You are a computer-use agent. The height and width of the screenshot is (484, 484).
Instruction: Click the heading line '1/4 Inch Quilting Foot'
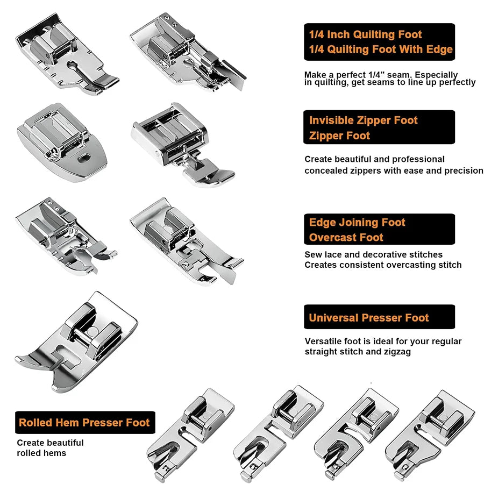365,34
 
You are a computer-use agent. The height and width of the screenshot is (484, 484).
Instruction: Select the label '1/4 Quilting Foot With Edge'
381,49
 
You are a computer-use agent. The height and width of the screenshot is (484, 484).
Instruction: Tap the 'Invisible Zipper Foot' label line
364,120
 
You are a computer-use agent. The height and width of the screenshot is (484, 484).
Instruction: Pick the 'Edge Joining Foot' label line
357,222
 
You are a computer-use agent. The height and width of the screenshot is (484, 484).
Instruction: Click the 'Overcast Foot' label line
346,237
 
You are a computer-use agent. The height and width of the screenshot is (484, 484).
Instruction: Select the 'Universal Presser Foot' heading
369,318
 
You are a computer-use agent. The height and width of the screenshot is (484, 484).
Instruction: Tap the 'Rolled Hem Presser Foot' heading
84,422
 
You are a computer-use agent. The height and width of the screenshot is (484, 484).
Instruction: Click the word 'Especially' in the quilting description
436,75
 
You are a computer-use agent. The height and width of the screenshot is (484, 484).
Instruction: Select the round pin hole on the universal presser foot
91,331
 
